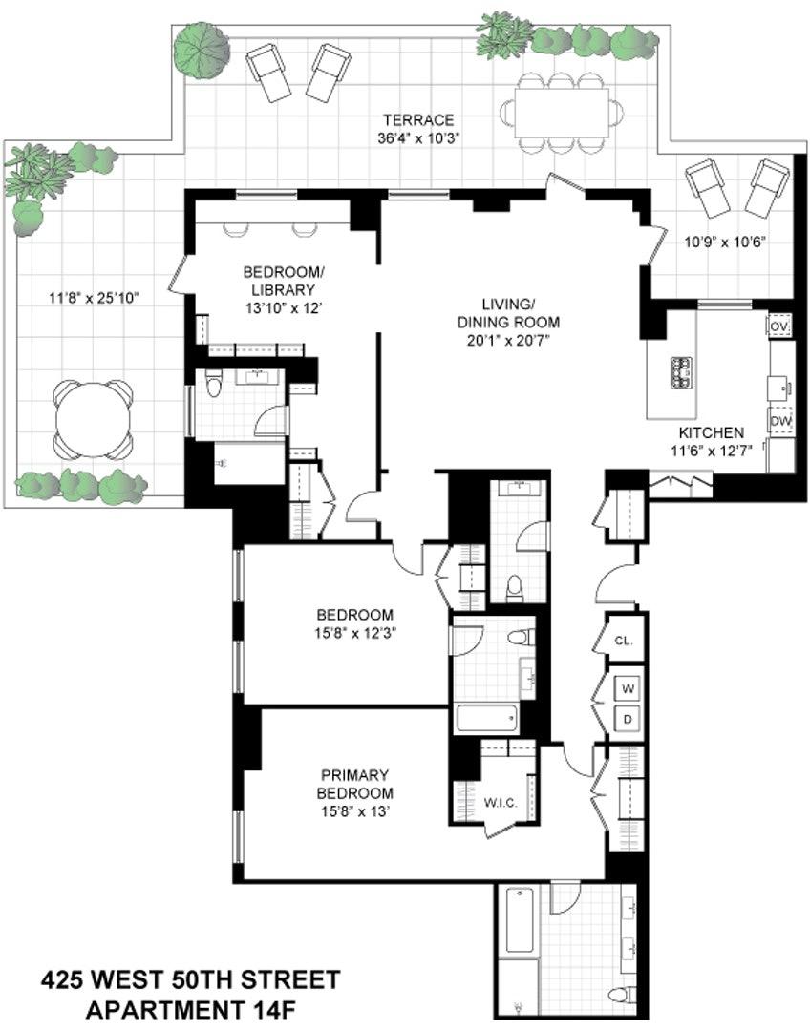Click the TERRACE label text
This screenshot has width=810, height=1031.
(417, 120)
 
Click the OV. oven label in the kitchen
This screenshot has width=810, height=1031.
(779, 326)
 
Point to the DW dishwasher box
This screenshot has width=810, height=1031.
(780, 421)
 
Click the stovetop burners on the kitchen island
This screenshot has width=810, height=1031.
(683, 372)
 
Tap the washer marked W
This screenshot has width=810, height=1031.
(628, 687)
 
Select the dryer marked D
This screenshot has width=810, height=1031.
(628, 718)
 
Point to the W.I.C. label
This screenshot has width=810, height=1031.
(501, 804)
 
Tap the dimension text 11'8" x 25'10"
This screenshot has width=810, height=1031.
(94, 297)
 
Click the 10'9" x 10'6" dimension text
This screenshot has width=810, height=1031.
(724, 242)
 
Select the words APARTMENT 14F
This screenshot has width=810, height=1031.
(190, 1008)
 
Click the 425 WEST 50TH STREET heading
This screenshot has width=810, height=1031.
(190, 980)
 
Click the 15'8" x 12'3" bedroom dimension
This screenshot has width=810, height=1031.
(355, 632)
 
